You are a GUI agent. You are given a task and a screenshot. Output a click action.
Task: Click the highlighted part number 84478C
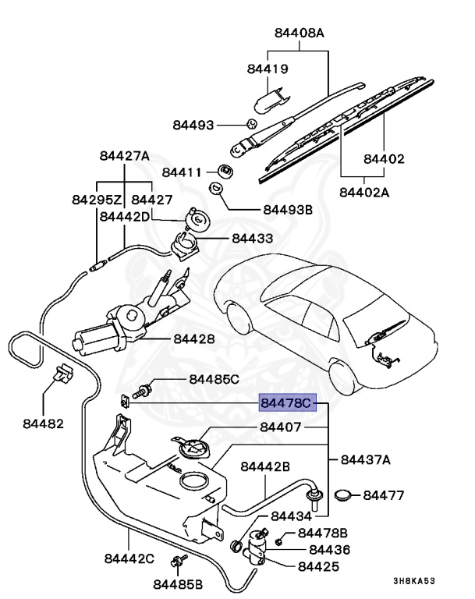pyautogui.click(x=286, y=402)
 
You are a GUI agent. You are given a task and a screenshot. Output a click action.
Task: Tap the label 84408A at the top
pyautogui.click(x=299, y=34)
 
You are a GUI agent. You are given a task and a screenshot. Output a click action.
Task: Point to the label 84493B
pyautogui.click(x=288, y=210)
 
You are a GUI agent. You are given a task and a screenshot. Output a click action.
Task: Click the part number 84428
pyautogui.click(x=194, y=339)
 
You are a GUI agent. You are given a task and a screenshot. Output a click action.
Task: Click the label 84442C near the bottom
pyautogui.click(x=129, y=559)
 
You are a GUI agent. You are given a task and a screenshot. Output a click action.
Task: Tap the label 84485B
pyautogui.click(x=178, y=583)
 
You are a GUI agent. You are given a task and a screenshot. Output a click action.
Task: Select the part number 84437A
pyautogui.click(x=365, y=461)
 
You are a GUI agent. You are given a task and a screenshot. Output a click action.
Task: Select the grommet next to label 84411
pyautogui.click(x=225, y=171)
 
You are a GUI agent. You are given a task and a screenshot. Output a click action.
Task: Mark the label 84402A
pyautogui.click(x=363, y=191)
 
